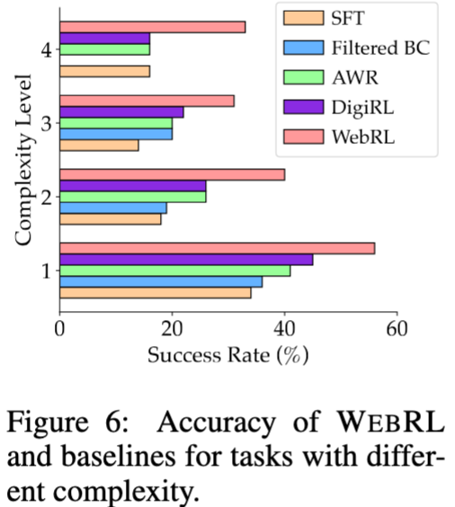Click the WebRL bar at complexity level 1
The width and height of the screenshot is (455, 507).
217,248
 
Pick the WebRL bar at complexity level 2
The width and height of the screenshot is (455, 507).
172,174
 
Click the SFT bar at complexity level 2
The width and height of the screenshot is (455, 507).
110,218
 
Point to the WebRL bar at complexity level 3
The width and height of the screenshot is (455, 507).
147,101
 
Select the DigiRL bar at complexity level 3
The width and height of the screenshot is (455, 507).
121,111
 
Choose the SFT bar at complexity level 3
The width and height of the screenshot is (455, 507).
99,145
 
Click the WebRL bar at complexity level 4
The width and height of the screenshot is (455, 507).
152,27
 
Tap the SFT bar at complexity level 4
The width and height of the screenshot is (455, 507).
104,71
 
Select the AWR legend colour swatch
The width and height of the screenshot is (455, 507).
303,76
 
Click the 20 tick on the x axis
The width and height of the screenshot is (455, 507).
172,328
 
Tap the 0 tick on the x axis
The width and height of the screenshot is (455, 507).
59,328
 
